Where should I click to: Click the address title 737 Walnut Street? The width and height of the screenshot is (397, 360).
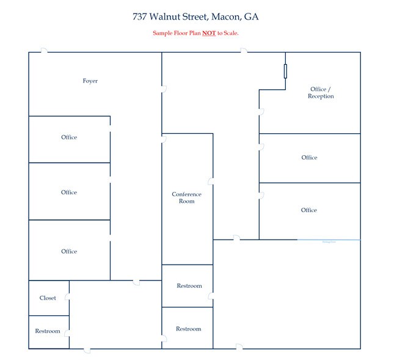click(169, 17)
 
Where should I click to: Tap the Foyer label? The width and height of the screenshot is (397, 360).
click(90, 81)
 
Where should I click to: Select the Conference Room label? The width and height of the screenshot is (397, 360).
click(186, 197)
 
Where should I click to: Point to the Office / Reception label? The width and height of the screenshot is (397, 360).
click(321, 92)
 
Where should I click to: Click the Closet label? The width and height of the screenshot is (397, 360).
click(48, 298)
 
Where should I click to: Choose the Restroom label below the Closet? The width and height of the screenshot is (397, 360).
click(48, 331)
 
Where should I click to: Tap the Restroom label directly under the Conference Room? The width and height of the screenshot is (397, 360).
click(189, 286)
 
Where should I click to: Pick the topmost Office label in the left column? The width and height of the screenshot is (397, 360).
click(69, 137)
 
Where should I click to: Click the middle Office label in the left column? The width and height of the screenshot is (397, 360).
click(69, 192)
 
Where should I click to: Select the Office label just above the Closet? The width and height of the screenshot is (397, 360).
click(69, 251)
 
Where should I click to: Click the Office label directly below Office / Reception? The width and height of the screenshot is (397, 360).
click(309, 158)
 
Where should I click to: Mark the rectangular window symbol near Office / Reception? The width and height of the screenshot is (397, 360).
click(285, 71)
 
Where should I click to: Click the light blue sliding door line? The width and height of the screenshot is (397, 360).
click(329, 240)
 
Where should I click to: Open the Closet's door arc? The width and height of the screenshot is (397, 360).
click(68, 298)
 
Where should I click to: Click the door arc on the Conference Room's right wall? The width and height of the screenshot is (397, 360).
click(211, 182)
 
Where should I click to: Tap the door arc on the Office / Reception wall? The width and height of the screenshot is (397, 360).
click(261, 112)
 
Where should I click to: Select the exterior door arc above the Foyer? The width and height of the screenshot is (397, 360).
click(44, 51)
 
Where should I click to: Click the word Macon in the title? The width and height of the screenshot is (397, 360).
click(225, 17)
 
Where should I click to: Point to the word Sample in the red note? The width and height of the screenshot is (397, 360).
click(162, 33)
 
